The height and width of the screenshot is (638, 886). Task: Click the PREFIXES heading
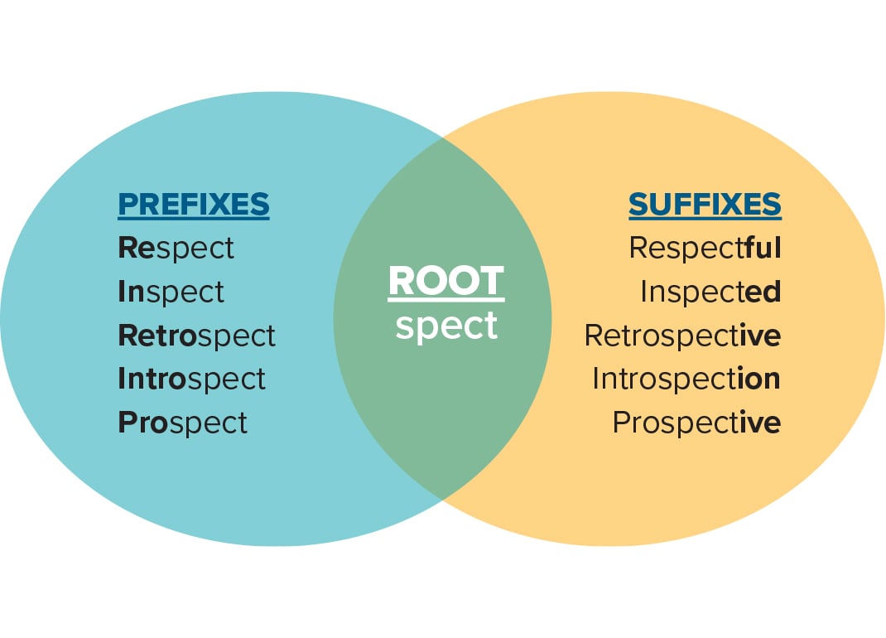[194, 205]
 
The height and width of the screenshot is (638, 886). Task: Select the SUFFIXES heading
[705, 205]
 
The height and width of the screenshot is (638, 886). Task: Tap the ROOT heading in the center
[445, 282]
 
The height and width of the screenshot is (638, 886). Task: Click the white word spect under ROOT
[445, 326]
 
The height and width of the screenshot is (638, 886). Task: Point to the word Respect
[176, 248]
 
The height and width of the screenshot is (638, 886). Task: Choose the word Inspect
[171, 292]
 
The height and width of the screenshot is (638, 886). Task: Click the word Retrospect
[196, 336]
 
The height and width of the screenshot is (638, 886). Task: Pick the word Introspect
[191, 379]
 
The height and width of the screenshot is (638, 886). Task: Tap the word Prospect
[182, 423]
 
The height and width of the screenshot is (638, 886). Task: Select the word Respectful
[705, 248]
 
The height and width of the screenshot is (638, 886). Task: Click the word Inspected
[710, 292]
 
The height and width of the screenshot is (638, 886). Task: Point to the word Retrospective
[682, 336]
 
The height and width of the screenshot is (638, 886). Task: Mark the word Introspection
[686, 379]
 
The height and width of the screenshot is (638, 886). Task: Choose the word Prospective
[696, 423]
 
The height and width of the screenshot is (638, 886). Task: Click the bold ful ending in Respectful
[763, 248]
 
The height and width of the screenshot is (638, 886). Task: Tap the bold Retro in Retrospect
[148, 336]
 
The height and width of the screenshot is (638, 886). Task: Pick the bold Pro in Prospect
[137, 423]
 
